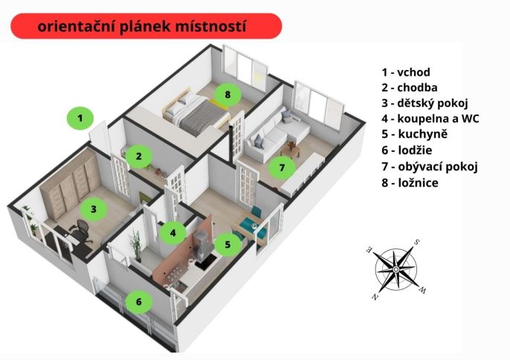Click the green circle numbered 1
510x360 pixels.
pyautogui.click(x=80, y=118)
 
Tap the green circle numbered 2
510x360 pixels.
pyautogui.click(x=139, y=156)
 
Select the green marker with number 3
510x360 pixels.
pyautogui.click(x=94, y=209)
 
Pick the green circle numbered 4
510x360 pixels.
pyautogui.click(x=172, y=233)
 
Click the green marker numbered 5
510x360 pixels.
pyautogui.click(x=227, y=245)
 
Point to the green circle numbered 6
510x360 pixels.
pyautogui.click(x=139, y=302)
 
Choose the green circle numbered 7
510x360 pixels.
pyautogui.click(x=282, y=167)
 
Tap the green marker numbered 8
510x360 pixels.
pyautogui.click(x=227, y=94)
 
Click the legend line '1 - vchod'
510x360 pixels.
pyautogui.click(x=406, y=72)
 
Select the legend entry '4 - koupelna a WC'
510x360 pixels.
pyautogui.click(x=430, y=118)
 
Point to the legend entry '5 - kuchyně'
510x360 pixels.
pyautogui.click(x=415, y=134)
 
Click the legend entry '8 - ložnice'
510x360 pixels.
pyautogui.click(x=410, y=183)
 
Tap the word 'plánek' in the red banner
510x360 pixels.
pyautogui.click(x=146, y=27)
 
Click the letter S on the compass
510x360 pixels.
pyautogui.click(x=416, y=242)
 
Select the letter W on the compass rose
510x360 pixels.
pyautogui.click(x=423, y=290)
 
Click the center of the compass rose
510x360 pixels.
pyautogui.click(x=396, y=269)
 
